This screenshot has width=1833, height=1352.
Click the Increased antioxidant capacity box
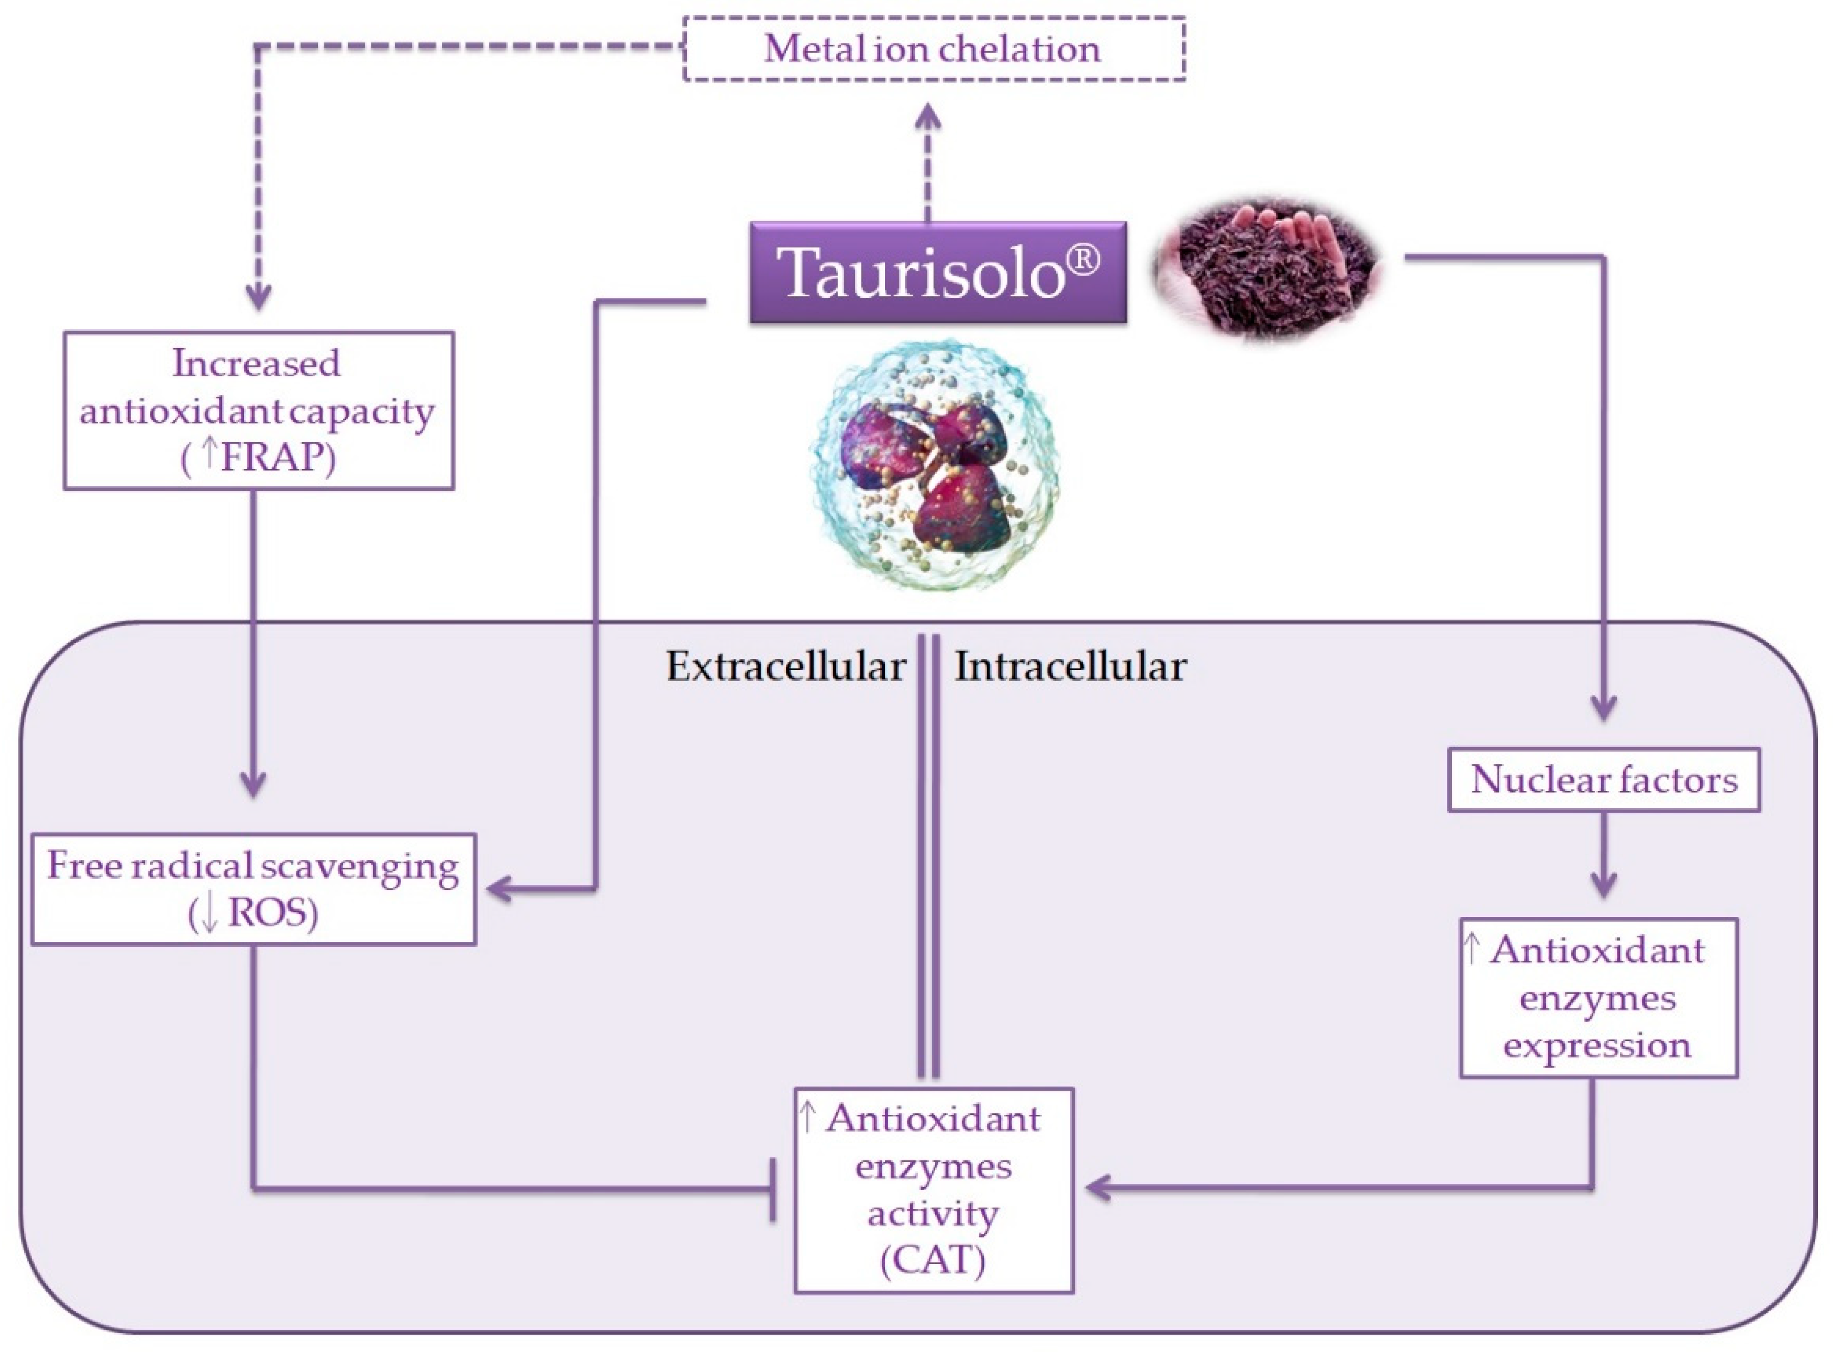coord(259,410)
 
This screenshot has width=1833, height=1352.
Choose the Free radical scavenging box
coord(254,889)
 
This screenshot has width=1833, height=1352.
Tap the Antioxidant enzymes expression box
coord(1598,998)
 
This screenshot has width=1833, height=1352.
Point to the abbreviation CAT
coord(933,1260)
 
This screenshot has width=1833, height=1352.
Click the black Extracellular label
coord(785,666)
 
